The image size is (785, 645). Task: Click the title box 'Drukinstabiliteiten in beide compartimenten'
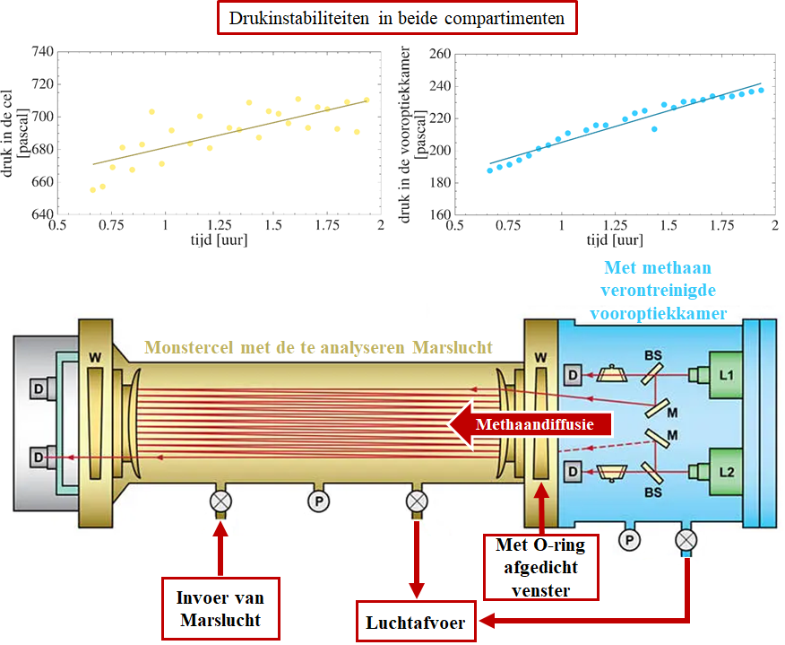(397, 18)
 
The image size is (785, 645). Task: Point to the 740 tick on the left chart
(42, 52)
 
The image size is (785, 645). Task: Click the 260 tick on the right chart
(440, 54)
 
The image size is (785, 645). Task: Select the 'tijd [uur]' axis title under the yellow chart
(219, 240)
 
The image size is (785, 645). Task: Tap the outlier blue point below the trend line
(654, 129)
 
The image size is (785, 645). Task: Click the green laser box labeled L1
(726, 375)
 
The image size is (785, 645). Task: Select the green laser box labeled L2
(726, 472)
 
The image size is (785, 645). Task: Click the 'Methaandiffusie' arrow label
(535, 424)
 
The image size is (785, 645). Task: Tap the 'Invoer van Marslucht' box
(220, 608)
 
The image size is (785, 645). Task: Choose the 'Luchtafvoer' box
(416, 622)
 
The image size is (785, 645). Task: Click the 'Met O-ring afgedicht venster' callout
(540, 567)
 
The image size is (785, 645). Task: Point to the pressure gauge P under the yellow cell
(318, 501)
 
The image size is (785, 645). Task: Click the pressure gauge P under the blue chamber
(629, 540)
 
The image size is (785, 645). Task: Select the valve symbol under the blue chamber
(686, 540)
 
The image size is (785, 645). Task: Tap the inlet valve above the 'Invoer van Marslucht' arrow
(220, 501)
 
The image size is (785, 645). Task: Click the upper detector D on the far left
(39, 389)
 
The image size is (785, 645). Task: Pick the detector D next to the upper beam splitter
(574, 375)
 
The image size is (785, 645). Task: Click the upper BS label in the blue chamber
(653, 356)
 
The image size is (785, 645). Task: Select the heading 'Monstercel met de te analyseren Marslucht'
(318, 347)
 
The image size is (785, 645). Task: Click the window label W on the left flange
(95, 357)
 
